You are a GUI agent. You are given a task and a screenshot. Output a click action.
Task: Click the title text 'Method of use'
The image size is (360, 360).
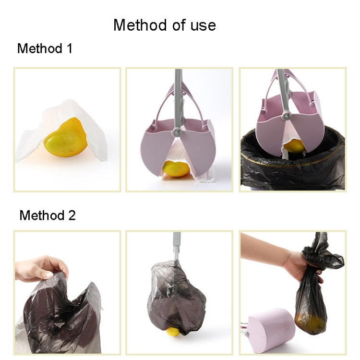(165, 25)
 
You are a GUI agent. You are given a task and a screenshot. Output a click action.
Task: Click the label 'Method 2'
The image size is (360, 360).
(47, 216)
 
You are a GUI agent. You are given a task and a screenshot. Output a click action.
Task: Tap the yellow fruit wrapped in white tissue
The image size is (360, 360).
(65, 138)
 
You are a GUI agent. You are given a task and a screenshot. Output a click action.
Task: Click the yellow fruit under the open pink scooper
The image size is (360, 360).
(175, 168)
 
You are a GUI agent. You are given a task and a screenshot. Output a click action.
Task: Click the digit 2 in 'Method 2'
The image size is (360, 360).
(72, 216)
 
